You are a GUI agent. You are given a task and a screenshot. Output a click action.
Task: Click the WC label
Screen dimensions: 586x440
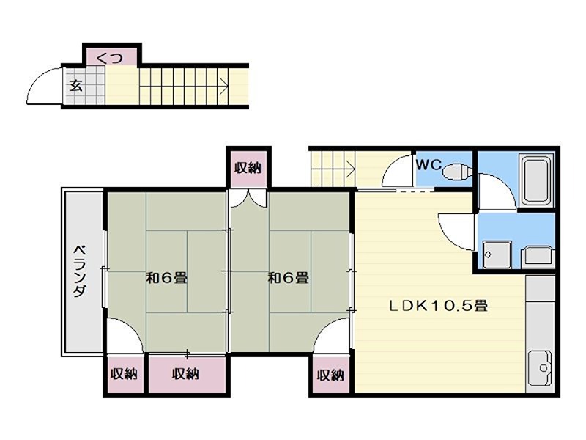pyautogui.click(x=429, y=164)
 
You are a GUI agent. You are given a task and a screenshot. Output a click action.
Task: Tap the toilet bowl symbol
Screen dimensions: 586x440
pyautogui.click(x=457, y=172)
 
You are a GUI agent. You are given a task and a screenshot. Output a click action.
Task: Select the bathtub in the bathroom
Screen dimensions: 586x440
pyautogui.click(x=537, y=180)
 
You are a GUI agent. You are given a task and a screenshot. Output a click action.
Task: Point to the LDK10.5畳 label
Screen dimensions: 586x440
pyautogui.click(x=438, y=306)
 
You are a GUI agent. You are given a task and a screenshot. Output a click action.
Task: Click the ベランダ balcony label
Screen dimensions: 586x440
pyautogui.click(x=80, y=271)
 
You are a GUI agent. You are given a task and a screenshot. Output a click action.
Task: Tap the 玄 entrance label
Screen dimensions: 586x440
pyautogui.click(x=76, y=86)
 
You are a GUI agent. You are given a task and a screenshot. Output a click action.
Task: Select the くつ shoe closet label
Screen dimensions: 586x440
pyautogui.click(x=109, y=58)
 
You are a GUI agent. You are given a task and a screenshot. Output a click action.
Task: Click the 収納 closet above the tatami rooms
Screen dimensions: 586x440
pyautogui.click(x=248, y=168)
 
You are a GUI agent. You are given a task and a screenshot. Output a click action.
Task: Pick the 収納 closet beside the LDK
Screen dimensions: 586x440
pyautogui.click(x=331, y=375)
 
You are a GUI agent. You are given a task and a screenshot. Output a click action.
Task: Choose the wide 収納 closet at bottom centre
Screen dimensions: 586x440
pyautogui.click(x=187, y=374)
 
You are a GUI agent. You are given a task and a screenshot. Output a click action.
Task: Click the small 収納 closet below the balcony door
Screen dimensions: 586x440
pyautogui.click(x=125, y=374)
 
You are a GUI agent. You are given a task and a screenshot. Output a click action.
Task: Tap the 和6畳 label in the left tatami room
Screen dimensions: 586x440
pyautogui.click(x=167, y=278)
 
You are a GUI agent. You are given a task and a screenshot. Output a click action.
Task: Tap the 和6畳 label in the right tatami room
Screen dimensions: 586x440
pyautogui.click(x=289, y=278)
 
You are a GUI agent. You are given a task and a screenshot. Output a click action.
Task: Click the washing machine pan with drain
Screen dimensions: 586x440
pyautogui.click(x=497, y=254)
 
